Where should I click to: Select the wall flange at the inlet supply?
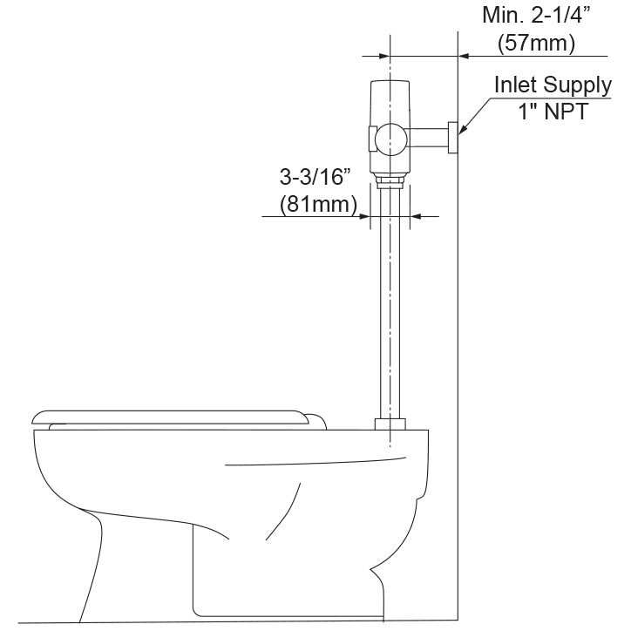(453, 138)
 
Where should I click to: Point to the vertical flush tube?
(390, 305)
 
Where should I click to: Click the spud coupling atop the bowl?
(390, 424)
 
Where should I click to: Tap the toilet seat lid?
(174, 417)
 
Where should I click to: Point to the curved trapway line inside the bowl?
(288, 514)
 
